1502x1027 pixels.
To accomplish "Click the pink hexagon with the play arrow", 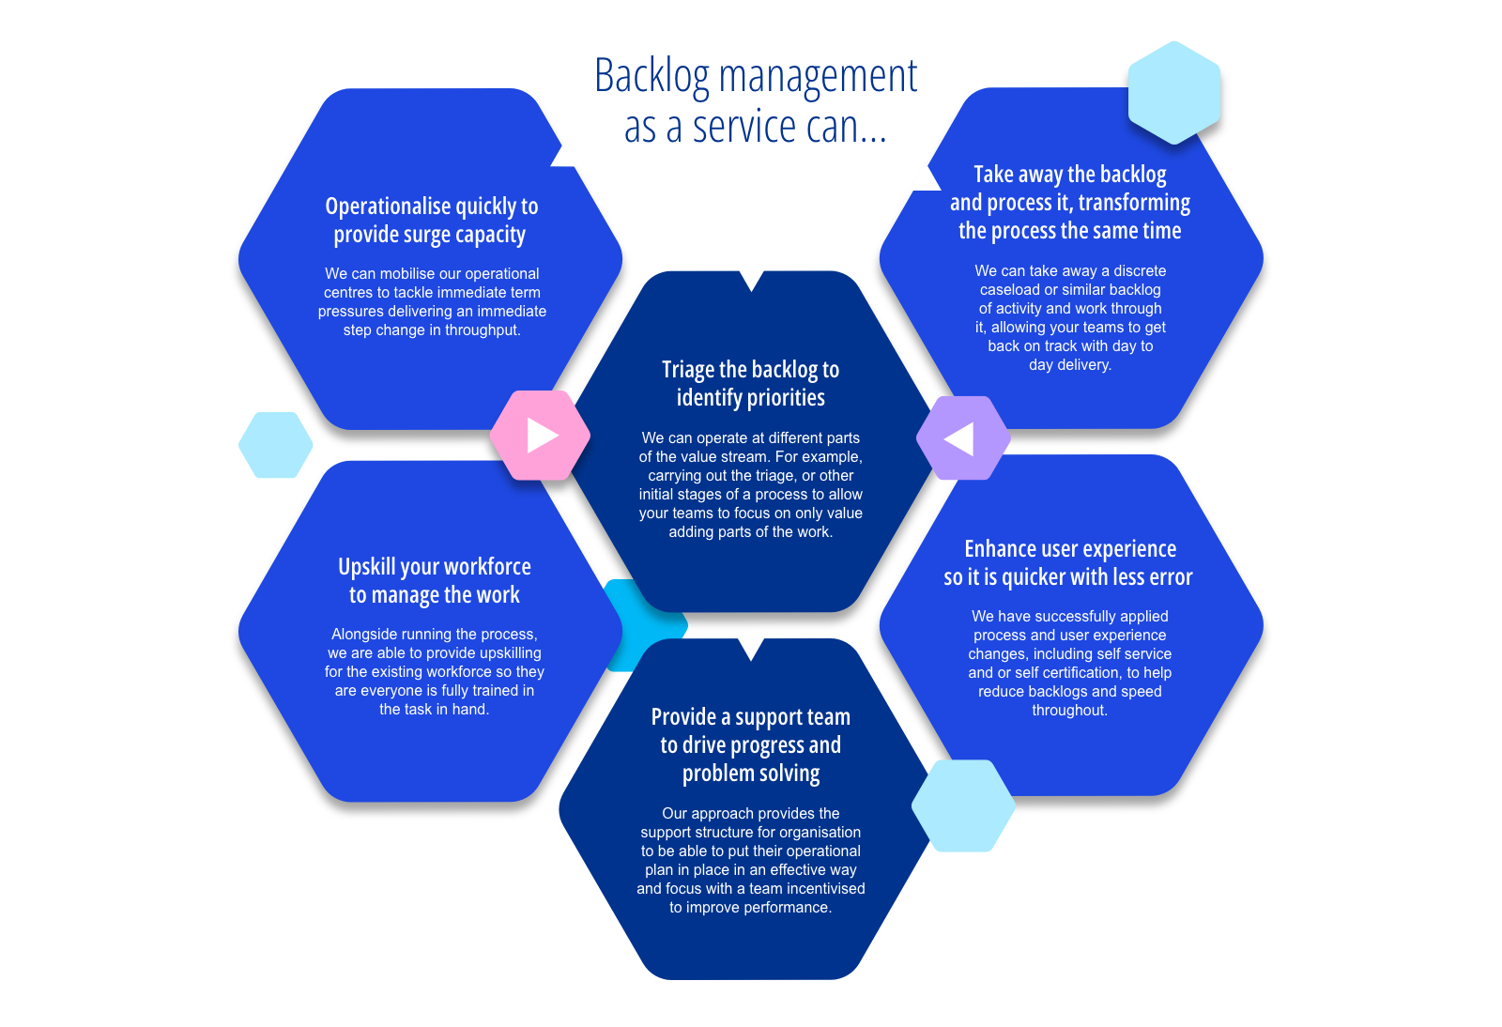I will (541, 436).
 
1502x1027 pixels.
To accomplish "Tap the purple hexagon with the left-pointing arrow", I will (962, 438).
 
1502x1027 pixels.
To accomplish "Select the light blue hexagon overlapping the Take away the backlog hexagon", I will (1173, 93).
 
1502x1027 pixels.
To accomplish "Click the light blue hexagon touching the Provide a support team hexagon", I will (963, 805).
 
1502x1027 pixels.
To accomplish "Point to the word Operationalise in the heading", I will (388, 207).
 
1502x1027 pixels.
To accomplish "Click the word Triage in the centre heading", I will (688, 370).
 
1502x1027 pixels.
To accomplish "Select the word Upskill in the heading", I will (366, 567).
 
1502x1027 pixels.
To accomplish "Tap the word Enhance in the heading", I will (999, 549).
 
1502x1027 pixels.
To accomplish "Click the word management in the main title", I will (818, 76).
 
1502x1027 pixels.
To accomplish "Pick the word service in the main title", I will (744, 128).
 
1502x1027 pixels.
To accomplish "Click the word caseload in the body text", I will (1010, 290).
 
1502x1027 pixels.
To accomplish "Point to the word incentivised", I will (826, 889).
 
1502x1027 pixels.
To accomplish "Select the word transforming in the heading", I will (1134, 203).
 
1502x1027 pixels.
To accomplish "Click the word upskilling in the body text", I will (510, 653).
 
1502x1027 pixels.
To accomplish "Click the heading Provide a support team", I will (750, 717).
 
